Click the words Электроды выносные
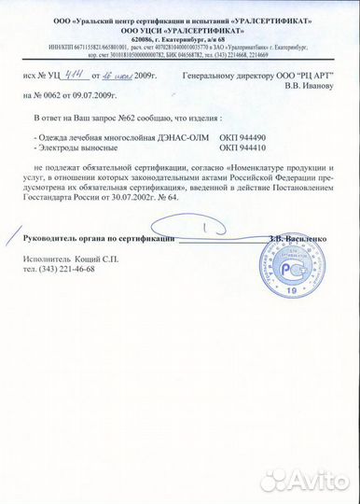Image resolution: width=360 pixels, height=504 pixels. click(76, 147)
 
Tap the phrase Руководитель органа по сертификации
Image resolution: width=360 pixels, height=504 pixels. click(98, 240)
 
